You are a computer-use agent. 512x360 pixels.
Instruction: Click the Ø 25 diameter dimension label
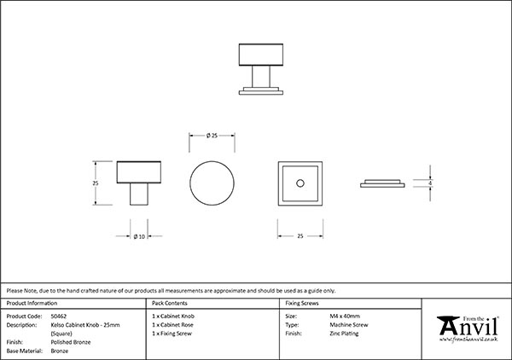pos(213,135)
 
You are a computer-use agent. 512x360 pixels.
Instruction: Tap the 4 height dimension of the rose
pos(431,183)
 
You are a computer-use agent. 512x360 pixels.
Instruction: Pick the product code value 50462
pos(59,316)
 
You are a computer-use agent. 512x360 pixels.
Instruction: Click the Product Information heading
pos(32,303)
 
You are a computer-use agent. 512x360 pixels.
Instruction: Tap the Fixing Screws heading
pos(302,303)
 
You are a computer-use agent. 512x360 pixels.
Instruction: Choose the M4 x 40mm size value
pos(346,316)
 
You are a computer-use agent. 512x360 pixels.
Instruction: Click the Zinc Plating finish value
pos(344,334)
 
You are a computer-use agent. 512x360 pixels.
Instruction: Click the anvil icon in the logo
pos(447,328)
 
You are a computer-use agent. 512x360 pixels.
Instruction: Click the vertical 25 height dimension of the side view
pos(96,182)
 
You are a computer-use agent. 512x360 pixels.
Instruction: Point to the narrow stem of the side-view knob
pos(137,195)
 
